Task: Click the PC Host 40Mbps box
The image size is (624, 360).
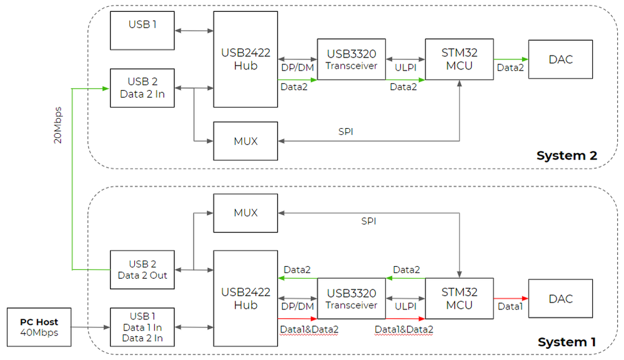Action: pos(39,326)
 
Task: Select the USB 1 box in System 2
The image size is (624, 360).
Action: pos(142,30)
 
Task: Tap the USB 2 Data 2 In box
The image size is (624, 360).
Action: pos(142,88)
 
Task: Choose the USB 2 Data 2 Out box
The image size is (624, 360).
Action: pos(142,269)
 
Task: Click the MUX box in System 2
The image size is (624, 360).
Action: pos(245,141)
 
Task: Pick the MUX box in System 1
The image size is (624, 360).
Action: pos(245,212)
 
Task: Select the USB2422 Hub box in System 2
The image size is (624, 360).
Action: pos(245,59)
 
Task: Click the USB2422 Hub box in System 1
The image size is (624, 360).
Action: pos(245,299)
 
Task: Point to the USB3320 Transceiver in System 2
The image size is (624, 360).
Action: pos(352,59)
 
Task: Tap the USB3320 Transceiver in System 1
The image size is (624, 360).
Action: pos(352,299)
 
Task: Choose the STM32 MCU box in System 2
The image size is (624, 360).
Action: pos(459,59)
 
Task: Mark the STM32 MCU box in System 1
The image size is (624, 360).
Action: pos(459,299)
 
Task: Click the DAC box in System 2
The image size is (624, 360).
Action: pos(560,59)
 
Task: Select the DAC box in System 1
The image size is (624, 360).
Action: pos(560,299)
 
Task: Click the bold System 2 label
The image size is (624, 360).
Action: pos(567,156)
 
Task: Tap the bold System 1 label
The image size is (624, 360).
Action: pos(567,342)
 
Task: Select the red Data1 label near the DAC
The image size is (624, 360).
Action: pos(510,307)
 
